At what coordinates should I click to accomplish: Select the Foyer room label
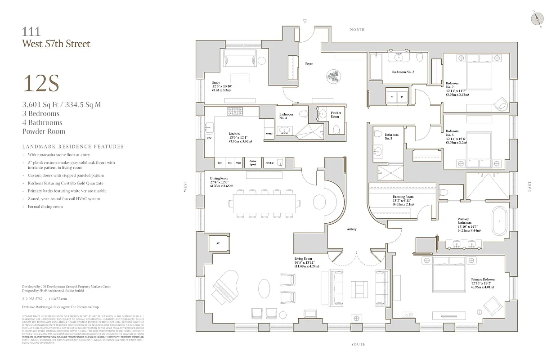[309, 64]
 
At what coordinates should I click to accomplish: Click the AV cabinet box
[218, 243]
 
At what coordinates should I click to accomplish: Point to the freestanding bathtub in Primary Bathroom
[499, 221]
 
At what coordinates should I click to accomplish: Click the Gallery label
[351, 229]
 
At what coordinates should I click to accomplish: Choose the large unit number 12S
[41, 84]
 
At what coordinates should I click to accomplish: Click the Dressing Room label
[403, 197]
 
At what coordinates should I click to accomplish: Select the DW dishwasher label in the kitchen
[209, 138]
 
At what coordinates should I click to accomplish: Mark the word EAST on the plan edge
[530, 186]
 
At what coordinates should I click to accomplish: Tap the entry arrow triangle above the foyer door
[305, 21]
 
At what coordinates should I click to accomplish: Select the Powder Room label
[336, 115]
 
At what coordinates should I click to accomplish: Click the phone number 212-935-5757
[32, 298]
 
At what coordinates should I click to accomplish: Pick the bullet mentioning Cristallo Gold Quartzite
[66, 183]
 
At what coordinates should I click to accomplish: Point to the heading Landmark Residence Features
[73, 147]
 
